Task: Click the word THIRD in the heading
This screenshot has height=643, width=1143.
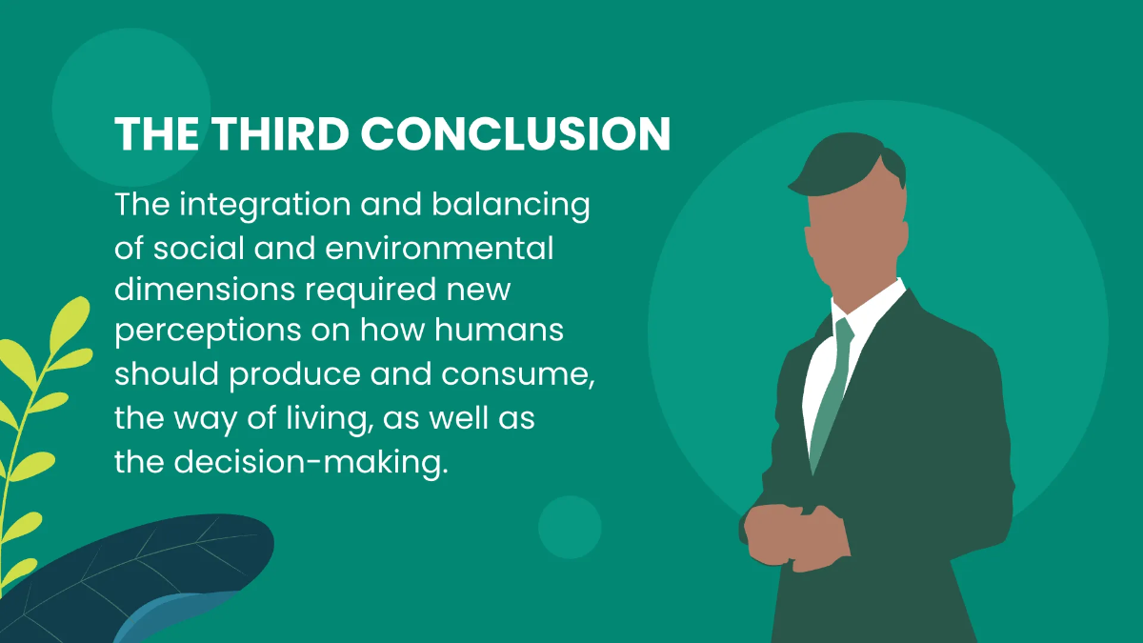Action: point(281,133)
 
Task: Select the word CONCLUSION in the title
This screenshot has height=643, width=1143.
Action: point(515,133)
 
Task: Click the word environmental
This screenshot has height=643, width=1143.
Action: point(439,249)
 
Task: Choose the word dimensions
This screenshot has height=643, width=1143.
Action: point(205,290)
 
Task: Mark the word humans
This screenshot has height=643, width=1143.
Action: point(499,330)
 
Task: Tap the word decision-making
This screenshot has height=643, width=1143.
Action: point(311,462)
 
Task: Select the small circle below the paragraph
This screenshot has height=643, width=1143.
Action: point(570,527)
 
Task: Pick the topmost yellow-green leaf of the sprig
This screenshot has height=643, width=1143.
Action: point(70,323)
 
